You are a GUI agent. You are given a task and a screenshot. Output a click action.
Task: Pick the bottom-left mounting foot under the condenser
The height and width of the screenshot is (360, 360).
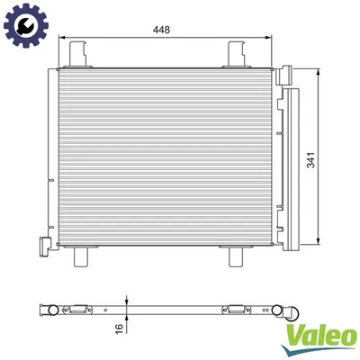tap(79, 258)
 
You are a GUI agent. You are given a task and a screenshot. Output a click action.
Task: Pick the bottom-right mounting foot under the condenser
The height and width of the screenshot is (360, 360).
tap(238, 258)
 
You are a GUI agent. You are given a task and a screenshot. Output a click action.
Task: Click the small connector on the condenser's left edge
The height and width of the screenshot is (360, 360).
tap(43, 245)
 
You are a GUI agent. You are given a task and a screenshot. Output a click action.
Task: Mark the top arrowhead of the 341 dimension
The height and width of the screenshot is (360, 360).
tap(320, 67)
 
